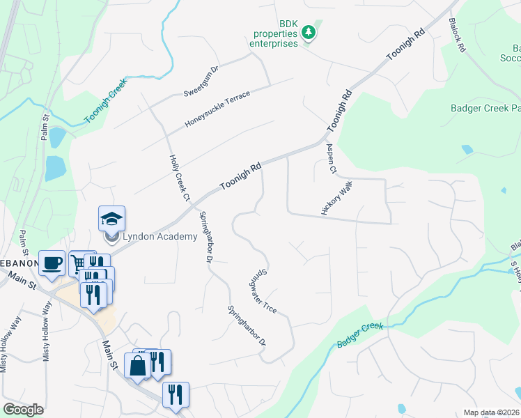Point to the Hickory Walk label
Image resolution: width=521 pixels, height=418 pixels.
pos(337,199)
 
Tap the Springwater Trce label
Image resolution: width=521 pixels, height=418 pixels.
pos(263,291)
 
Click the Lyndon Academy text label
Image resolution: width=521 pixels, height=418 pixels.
pos(160,237)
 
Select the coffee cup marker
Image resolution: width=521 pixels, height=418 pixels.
pos(52,264)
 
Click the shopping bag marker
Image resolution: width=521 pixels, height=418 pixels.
pos(137,364)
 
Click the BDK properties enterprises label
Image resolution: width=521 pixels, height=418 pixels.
pos(274,33)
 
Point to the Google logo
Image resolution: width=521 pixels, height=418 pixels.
pos(23,410)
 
